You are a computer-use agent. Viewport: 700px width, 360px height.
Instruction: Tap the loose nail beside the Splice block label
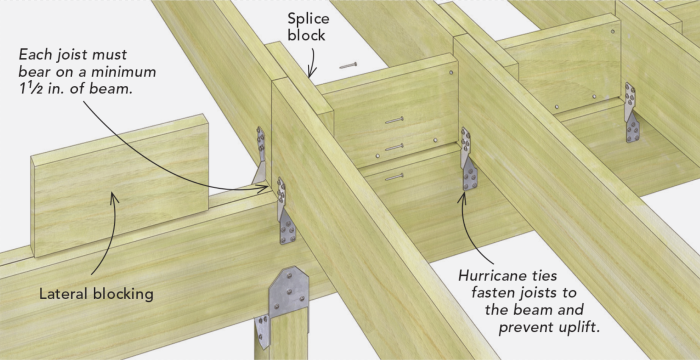349,66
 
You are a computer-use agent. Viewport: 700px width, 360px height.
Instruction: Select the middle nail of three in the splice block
393,148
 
